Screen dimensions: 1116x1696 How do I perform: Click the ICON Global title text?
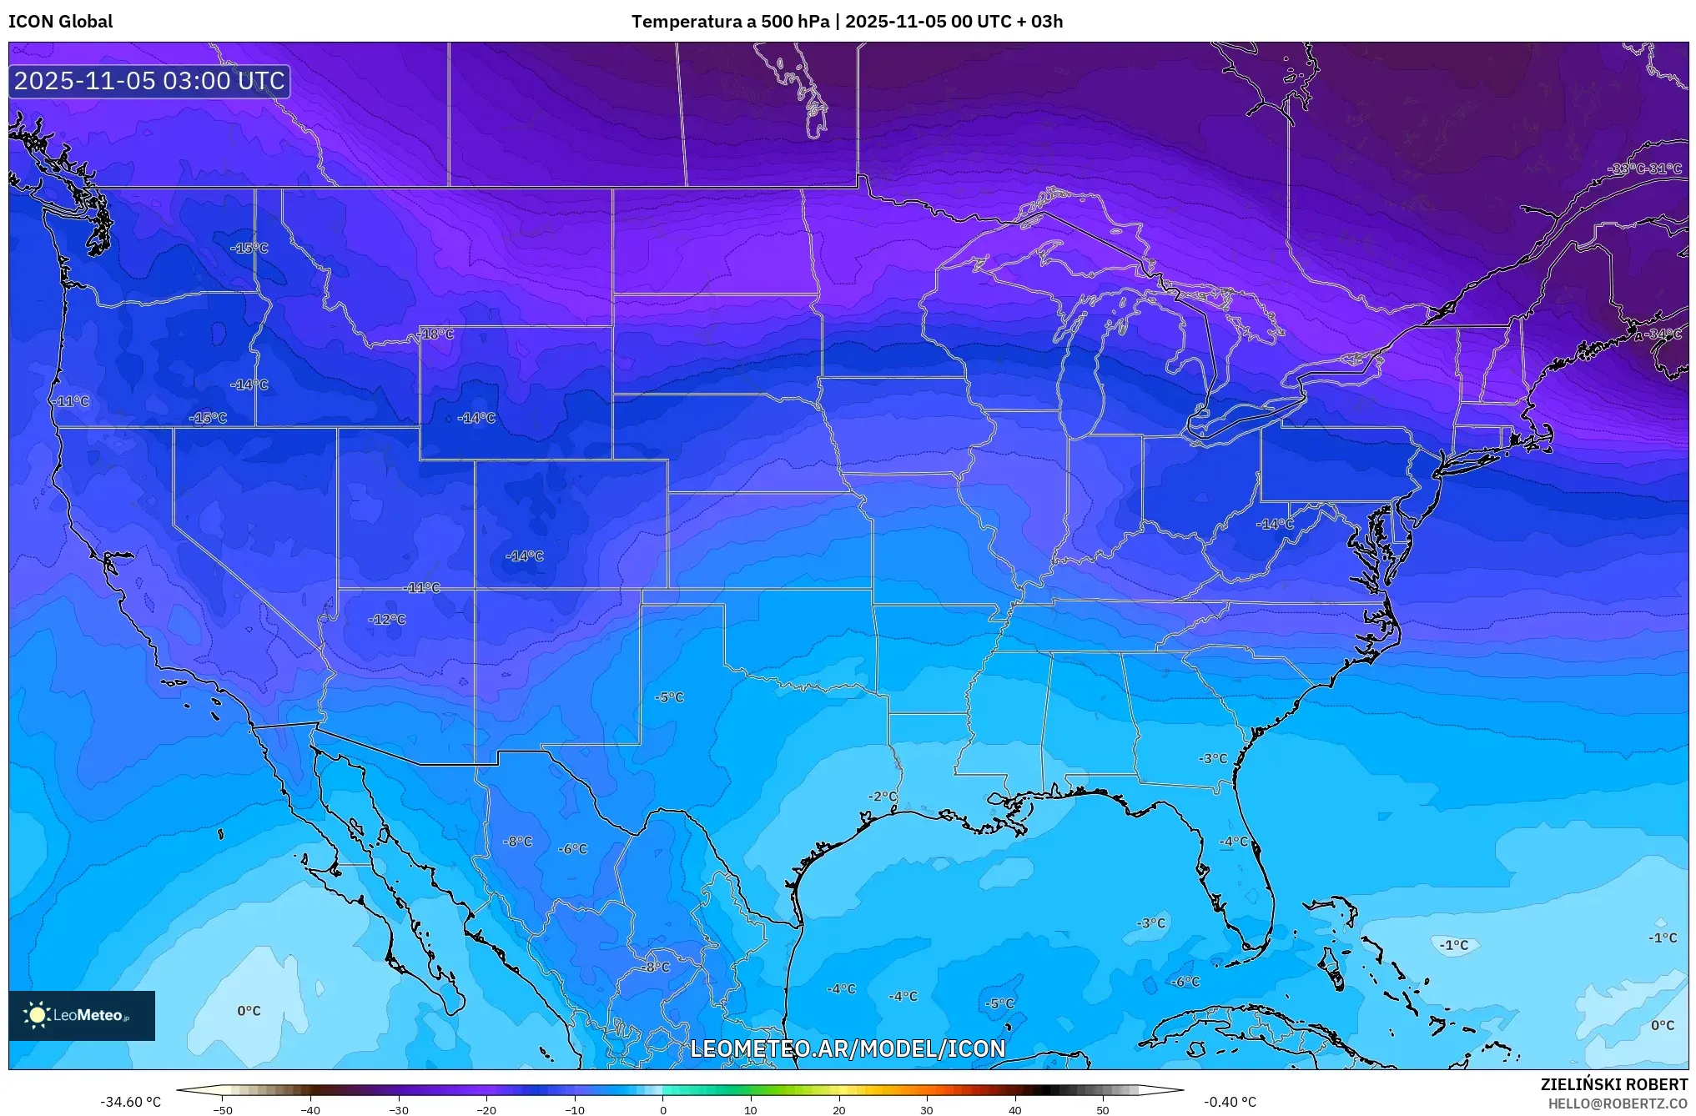pos(60,21)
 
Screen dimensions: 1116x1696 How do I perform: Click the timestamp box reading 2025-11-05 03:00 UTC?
pos(149,81)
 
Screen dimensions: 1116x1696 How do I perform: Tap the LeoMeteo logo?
pos(82,1015)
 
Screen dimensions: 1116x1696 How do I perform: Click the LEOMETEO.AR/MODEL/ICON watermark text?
pos(848,1048)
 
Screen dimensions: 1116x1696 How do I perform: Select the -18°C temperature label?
pos(437,334)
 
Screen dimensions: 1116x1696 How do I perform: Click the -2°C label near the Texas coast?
pos(882,796)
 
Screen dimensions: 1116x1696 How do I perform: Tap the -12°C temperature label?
pos(387,619)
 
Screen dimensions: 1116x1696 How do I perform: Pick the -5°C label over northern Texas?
pos(669,696)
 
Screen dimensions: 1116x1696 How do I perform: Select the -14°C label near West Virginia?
pos(1275,524)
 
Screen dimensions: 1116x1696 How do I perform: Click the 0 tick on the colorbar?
pos(662,1109)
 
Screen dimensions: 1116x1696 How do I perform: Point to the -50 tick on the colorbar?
pos(223,1109)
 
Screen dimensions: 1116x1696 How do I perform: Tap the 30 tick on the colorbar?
pos(927,1109)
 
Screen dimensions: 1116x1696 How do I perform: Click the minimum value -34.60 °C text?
pos(130,1102)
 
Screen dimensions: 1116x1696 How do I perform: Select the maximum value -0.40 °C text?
pos(1230,1102)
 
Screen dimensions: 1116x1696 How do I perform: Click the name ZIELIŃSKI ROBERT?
pos(1613,1084)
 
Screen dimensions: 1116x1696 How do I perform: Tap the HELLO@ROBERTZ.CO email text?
pos(1618,1103)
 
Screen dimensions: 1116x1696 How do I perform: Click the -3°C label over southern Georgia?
pos(1213,758)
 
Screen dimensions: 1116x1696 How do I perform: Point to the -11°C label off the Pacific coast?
pos(72,400)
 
